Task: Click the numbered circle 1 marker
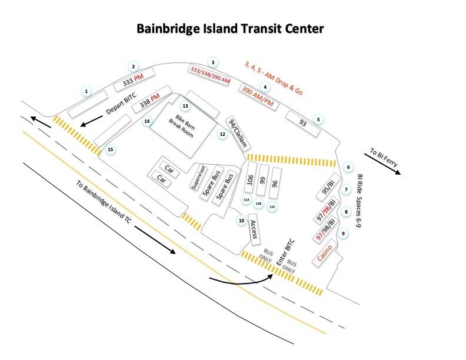pos(86,91)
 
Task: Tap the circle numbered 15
pos(110,150)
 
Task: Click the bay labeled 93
pos(302,124)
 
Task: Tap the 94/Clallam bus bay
pos(238,134)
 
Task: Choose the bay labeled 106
pos(250,181)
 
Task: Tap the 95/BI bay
pos(328,191)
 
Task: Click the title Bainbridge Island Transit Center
pos(230,28)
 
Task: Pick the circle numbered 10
pos(241,221)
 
